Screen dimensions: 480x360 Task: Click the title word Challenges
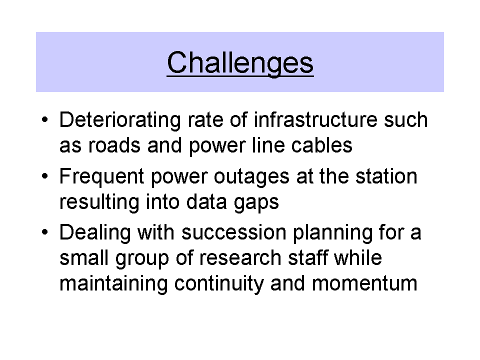coord(240,63)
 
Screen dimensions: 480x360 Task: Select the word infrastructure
coord(315,119)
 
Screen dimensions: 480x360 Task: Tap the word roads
coord(114,145)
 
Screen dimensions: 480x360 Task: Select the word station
coord(386,176)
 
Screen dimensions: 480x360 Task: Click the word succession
coord(234,233)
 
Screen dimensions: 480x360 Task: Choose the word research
coord(240,258)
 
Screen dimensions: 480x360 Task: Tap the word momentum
coord(364,284)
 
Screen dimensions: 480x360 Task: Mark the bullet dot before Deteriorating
coord(45,119)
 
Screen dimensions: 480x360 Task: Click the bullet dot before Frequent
coord(45,176)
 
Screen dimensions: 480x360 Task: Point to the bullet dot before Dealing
coord(45,232)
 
